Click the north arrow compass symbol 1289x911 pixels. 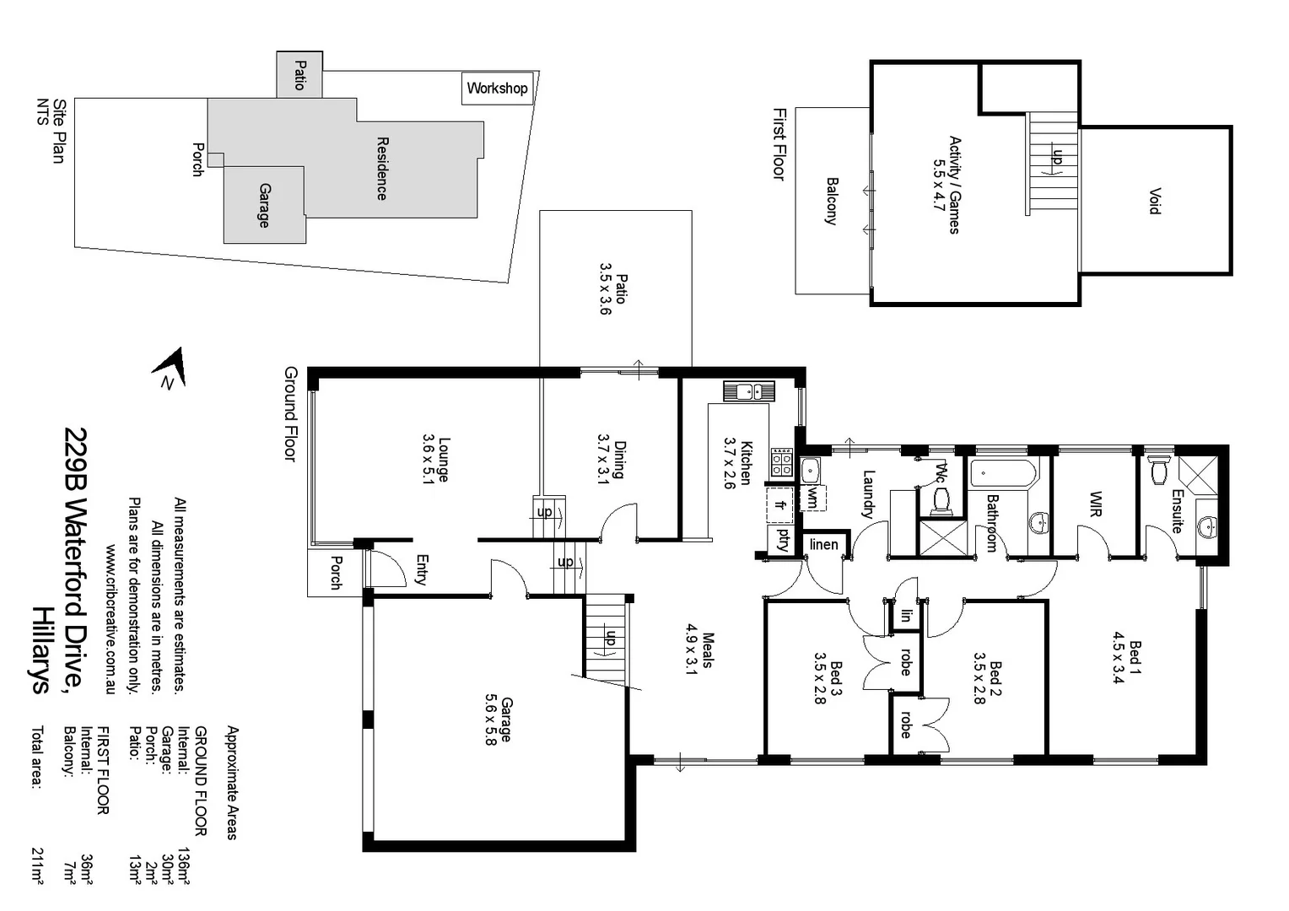pyautogui.click(x=171, y=369)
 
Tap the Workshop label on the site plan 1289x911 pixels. pyautogui.click(x=497, y=89)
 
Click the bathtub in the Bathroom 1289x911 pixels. pyautogui.click(x=1003, y=473)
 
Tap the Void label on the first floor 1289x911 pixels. pyautogui.click(x=1154, y=201)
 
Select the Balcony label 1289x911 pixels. pyautogui.click(x=832, y=201)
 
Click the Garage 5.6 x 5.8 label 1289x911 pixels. pyautogui.click(x=499, y=720)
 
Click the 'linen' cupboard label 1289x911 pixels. pyautogui.click(x=823, y=545)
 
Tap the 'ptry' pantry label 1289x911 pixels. pyautogui.click(x=784, y=539)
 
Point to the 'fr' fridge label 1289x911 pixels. pyautogui.click(x=780, y=505)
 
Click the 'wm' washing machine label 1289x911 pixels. pyautogui.click(x=812, y=497)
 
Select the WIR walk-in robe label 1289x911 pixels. pyautogui.click(x=1096, y=504)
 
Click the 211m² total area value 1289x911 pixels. pyautogui.click(x=37, y=865)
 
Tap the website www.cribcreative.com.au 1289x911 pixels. pyautogui.click(x=110, y=618)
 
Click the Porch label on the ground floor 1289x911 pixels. pyautogui.click(x=336, y=573)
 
